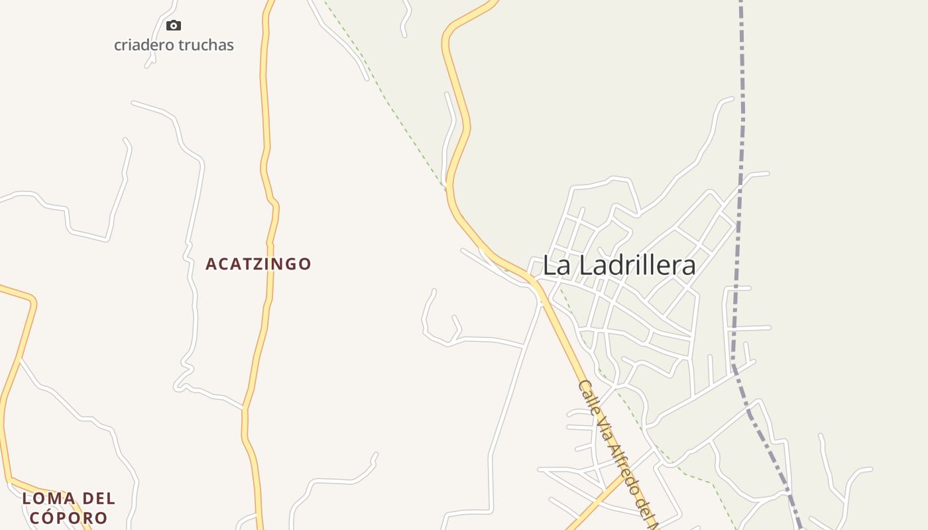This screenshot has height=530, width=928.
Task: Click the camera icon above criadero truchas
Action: (x=174, y=26)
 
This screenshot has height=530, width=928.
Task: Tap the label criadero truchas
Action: (x=174, y=45)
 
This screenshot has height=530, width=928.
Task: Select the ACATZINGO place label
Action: (x=258, y=264)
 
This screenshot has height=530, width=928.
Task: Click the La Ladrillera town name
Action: (x=619, y=266)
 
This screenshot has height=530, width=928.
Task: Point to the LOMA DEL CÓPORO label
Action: (x=68, y=507)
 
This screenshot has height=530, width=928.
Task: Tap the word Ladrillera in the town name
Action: (x=638, y=266)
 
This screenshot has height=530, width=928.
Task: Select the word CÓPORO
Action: (x=68, y=517)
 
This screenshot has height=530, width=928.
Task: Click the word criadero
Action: (x=142, y=45)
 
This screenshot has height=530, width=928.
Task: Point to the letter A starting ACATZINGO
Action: (x=211, y=264)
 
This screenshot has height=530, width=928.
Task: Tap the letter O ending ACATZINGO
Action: (x=304, y=264)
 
